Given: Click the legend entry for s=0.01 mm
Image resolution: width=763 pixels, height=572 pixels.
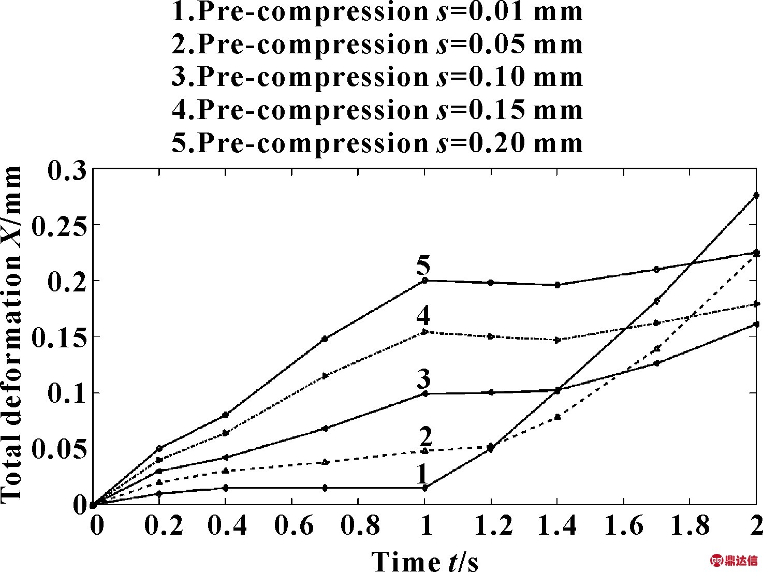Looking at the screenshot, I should [x=377, y=11].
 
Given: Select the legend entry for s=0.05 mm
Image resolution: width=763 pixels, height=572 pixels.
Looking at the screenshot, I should [x=377, y=44].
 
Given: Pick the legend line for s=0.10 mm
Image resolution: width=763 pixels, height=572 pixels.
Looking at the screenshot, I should [x=377, y=77].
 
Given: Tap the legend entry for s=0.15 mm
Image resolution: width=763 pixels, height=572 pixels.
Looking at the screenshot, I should [x=377, y=110].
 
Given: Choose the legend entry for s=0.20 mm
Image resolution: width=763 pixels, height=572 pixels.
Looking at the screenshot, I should [x=377, y=143].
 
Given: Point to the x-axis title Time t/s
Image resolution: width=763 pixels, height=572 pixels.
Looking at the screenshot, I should [x=424, y=561].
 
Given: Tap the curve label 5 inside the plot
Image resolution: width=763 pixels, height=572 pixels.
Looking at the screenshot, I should [x=423, y=267].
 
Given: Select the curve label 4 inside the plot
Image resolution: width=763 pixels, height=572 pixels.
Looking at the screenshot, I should [x=423, y=315].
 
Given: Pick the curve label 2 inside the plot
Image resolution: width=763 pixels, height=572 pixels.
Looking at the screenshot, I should [x=425, y=437].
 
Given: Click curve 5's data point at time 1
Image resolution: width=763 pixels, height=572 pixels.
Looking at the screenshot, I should [x=424, y=281].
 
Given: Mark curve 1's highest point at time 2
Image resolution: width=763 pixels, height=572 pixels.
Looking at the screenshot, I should [x=756, y=195].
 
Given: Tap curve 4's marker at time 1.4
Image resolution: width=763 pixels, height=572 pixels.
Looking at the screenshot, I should [x=557, y=340].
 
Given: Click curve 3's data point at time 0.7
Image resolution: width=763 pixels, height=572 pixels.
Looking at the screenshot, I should [x=325, y=428].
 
